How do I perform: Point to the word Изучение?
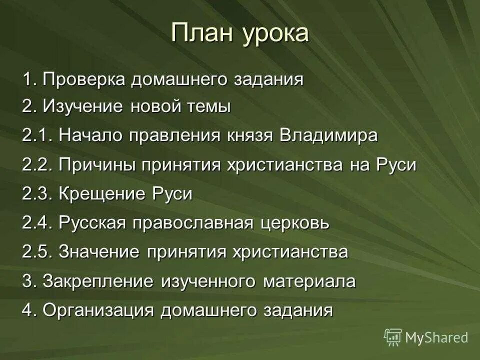click(x=83, y=107)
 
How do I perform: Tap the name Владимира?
click(x=328, y=135)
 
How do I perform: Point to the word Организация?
click(x=97, y=310)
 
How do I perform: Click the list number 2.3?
click(x=37, y=193)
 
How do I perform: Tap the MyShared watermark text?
click(x=436, y=337)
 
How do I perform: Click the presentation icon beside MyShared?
click(x=393, y=337)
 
